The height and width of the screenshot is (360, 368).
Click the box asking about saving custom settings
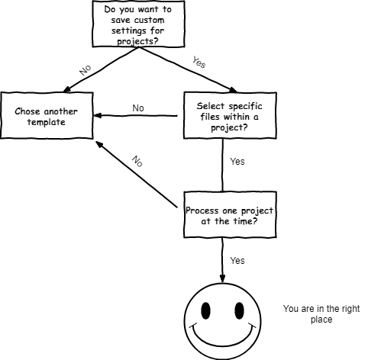[138, 24]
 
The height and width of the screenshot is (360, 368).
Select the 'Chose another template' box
[47, 116]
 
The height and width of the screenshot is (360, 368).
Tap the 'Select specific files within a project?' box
[230, 116]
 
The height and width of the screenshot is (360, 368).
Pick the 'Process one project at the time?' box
[230, 215]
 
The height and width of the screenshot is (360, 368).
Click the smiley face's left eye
[206, 310]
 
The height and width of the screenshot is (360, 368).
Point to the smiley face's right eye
[239, 310]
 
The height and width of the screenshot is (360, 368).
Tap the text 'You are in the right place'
[321, 314]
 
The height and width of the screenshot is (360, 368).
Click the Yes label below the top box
[199, 63]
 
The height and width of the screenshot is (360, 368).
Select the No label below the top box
[86, 70]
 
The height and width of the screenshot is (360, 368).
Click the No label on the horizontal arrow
[138, 108]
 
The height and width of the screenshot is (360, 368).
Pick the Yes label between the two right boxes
[237, 162]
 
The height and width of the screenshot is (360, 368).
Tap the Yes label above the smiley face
[237, 261]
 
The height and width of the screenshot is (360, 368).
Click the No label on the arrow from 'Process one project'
[137, 162]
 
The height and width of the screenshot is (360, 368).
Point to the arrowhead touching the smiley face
[222, 279]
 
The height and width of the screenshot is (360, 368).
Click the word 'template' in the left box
[47, 122]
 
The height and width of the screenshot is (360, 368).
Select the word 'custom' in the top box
[149, 20]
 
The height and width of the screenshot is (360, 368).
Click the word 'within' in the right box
[237, 117]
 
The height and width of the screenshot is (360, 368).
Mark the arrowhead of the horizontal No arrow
[98, 116]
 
